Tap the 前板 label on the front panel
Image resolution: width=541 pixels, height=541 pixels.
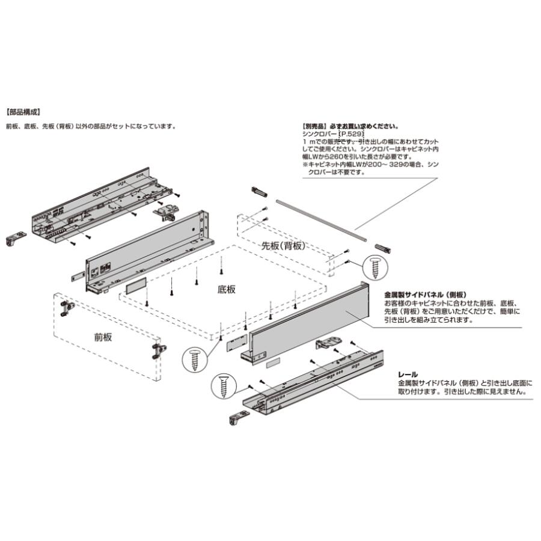click(103, 337)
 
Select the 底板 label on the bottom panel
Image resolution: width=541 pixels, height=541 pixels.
click(227, 289)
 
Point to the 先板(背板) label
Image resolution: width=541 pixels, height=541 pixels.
click(284, 246)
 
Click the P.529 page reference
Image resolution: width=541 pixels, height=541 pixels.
click(351, 133)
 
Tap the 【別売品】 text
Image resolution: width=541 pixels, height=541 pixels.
click(316, 126)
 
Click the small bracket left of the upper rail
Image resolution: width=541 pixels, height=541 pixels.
click(16, 239)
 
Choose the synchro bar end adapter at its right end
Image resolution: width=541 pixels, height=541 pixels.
click(384, 248)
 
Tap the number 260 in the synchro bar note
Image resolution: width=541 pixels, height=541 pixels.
click(335, 156)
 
